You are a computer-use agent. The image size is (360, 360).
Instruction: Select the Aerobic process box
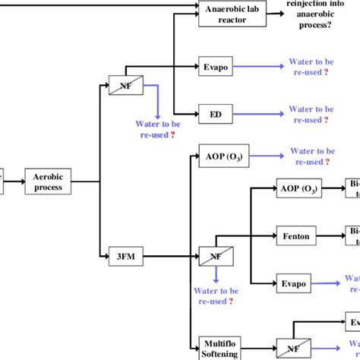pos(49,182)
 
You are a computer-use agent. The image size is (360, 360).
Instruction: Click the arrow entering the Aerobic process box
pos(15,182)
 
